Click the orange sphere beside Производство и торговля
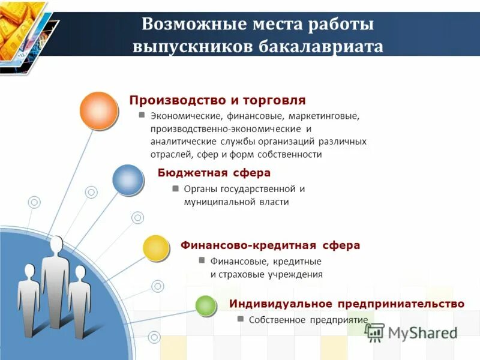click(98, 110)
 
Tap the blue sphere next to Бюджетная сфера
click(128, 179)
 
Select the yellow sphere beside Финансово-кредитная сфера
click(156, 248)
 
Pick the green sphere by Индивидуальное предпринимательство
click(205, 305)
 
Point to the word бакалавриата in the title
click(322, 47)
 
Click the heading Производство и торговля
click(218, 100)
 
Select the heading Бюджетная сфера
click(214, 173)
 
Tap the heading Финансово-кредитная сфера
click(270, 245)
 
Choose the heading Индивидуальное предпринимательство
click(346, 304)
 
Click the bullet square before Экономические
click(142, 114)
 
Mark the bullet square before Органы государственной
click(175, 188)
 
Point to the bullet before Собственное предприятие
click(240, 319)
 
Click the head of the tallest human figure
click(56, 245)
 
